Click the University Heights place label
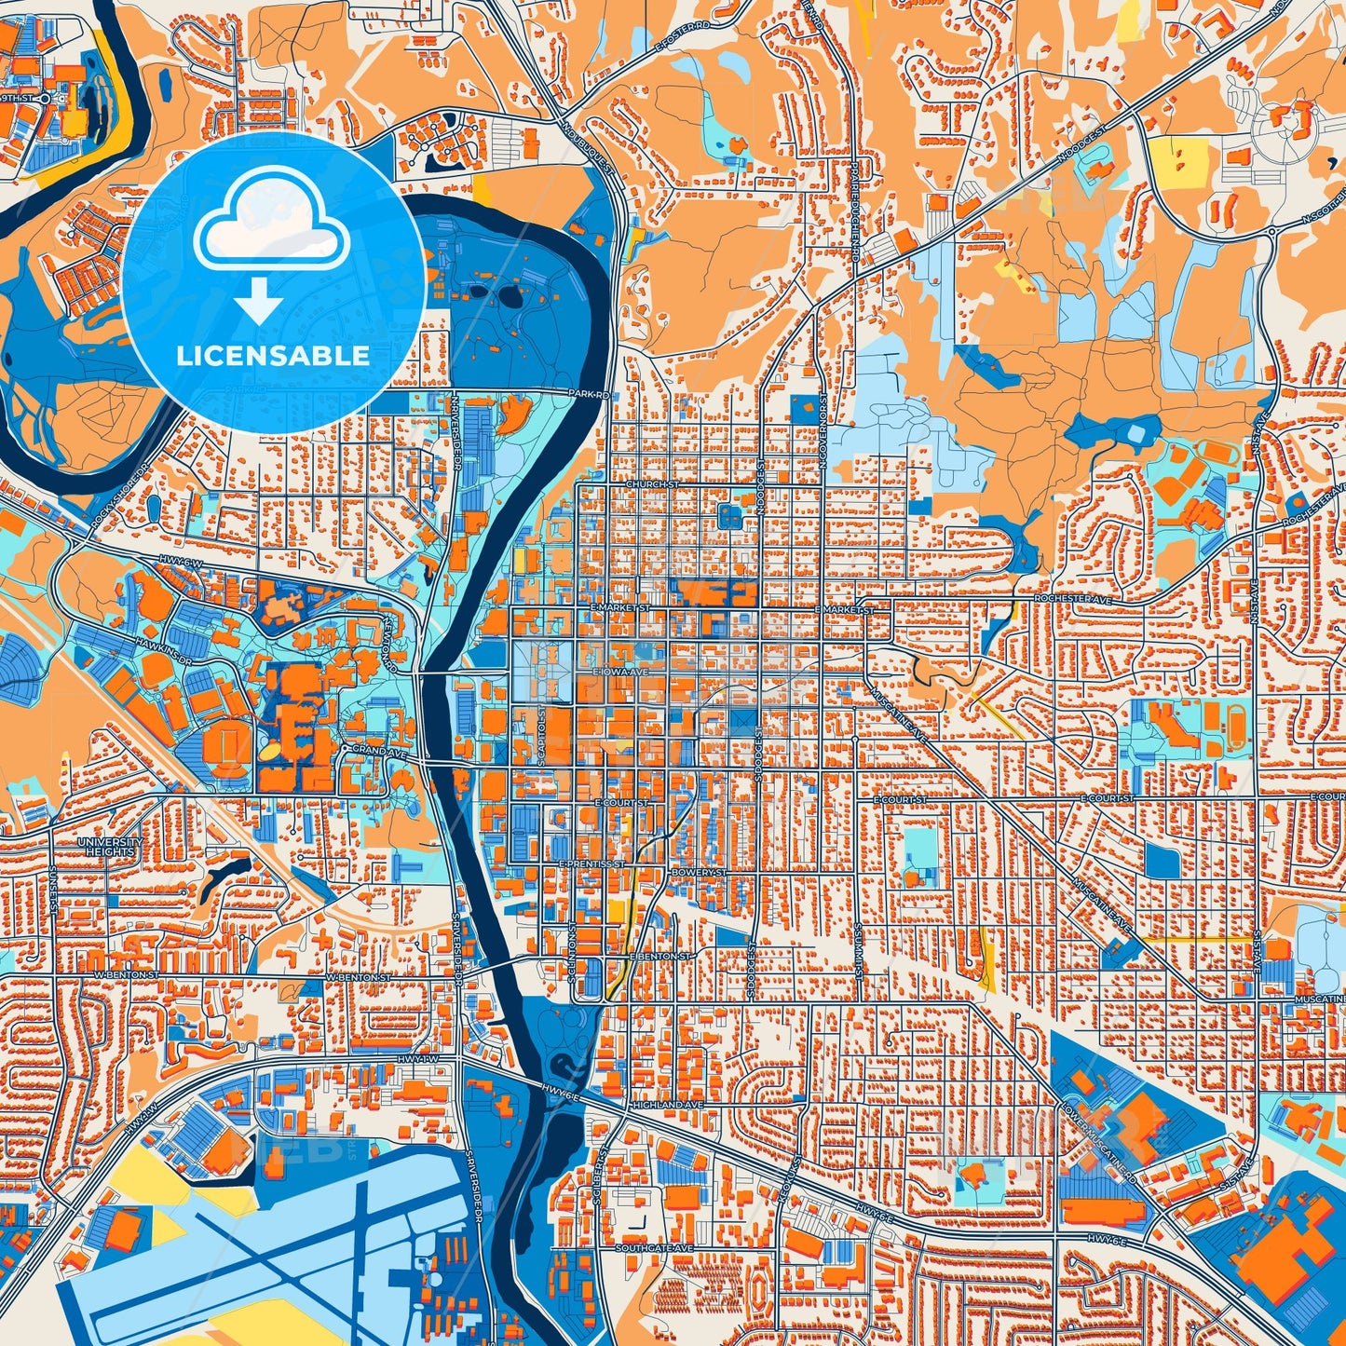point(111,846)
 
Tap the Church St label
point(651,484)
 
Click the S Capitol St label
point(541,736)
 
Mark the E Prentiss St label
point(591,863)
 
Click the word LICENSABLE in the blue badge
point(273,356)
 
